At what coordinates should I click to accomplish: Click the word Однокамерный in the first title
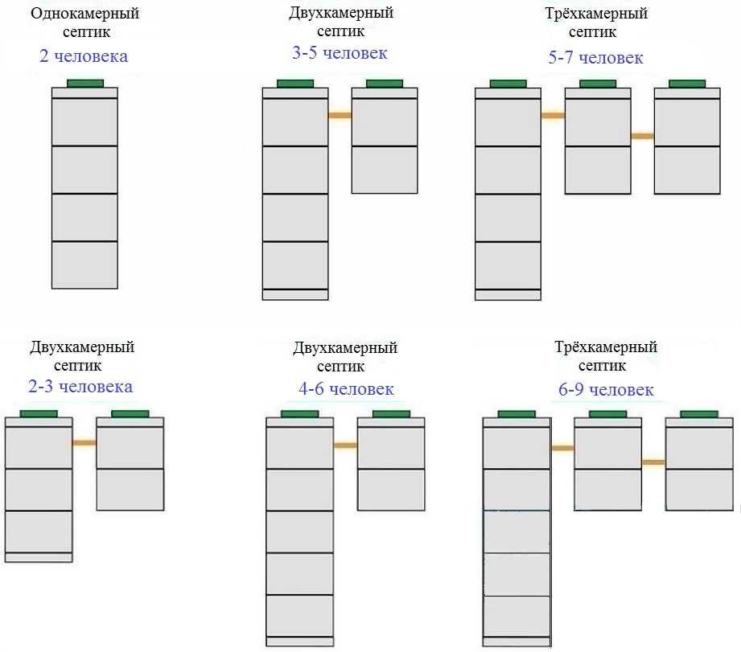tap(85, 14)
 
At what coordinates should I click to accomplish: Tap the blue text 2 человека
tap(84, 56)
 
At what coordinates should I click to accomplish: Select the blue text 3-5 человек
tap(340, 53)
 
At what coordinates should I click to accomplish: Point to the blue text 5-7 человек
tap(595, 58)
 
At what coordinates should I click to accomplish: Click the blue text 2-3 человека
tap(80, 387)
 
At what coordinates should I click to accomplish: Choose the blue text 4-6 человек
tap(346, 389)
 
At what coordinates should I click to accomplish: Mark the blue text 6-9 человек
tap(606, 390)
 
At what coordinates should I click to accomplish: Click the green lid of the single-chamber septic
tap(85, 84)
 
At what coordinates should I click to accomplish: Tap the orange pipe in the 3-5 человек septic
tap(340, 115)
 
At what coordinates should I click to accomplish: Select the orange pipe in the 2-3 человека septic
tap(84, 443)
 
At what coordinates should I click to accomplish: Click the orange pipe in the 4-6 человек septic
tap(345, 445)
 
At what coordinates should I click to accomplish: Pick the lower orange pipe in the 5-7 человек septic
tap(643, 136)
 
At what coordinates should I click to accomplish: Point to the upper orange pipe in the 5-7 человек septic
tap(553, 115)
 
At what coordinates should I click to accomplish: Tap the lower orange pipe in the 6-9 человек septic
tap(653, 462)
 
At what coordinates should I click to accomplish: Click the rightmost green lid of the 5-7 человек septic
tap(687, 84)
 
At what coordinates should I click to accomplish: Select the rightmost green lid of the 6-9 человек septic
tap(699, 414)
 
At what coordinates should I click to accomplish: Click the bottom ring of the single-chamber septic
tap(84, 264)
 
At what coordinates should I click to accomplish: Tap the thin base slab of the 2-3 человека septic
tap(39, 557)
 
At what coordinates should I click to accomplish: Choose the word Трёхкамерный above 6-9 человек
tap(606, 347)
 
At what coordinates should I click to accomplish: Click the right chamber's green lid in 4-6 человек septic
tap(391, 414)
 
